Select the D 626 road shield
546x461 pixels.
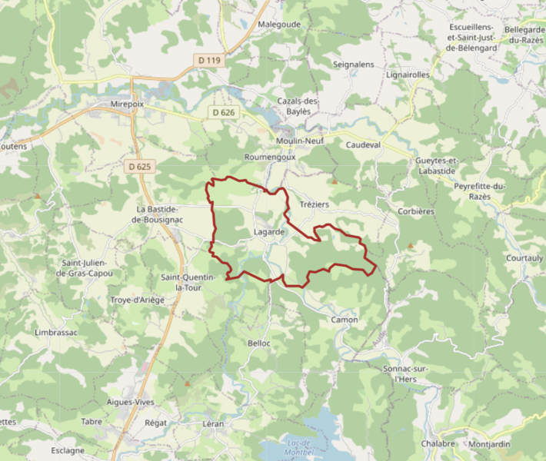click(223, 113)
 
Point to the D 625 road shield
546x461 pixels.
click(139, 166)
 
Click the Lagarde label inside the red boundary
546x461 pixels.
click(269, 231)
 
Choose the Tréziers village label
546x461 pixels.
click(314, 204)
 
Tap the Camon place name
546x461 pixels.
click(344, 319)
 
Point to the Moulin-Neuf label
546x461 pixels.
click(300, 141)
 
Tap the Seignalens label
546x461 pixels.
click(354, 65)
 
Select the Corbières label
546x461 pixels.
click(416, 211)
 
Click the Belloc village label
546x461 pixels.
click(259, 343)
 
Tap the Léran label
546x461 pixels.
click(213, 423)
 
